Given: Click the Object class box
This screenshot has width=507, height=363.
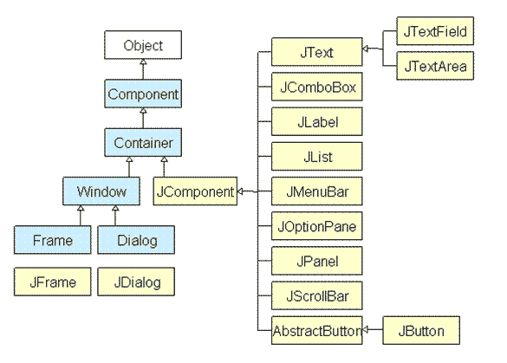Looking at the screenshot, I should [142, 44].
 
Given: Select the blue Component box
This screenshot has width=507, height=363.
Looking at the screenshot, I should [142, 93].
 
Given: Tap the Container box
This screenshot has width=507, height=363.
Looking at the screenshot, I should [142, 141].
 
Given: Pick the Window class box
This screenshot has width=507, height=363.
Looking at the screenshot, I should [102, 190].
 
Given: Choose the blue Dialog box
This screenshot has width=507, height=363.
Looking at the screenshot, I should [136, 238].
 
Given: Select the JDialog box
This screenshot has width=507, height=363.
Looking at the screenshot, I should [136, 282].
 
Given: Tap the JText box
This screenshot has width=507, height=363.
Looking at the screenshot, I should [315, 53].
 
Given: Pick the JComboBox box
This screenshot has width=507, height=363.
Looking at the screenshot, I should [315, 88].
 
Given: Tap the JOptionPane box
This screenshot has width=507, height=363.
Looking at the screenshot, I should [315, 226].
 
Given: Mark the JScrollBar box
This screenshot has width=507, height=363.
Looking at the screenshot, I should [315, 295].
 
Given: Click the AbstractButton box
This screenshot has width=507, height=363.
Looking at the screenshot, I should [315, 330].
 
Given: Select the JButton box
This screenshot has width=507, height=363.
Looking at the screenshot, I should [421, 330].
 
